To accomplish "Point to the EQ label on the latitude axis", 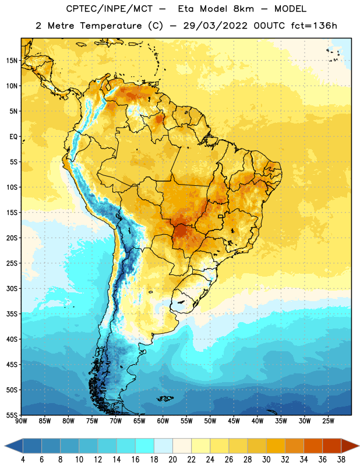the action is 13,137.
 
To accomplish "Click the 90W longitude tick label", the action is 21,421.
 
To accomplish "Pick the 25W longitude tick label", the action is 328,421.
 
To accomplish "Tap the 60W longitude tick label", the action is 163,421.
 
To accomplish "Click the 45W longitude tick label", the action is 234,421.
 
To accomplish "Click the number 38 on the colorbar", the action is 341,460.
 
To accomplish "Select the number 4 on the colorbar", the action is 23,460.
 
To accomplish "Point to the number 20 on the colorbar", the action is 172,460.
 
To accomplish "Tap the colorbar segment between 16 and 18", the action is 145,446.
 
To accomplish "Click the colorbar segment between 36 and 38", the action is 332,446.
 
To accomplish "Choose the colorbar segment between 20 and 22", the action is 182,446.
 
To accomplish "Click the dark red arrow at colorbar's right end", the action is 350,446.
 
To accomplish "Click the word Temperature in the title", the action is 111,26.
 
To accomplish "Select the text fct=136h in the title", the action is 314,26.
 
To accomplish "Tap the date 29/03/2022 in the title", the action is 215,26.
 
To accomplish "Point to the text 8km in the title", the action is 243,9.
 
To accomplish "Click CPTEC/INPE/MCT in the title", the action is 109,9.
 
